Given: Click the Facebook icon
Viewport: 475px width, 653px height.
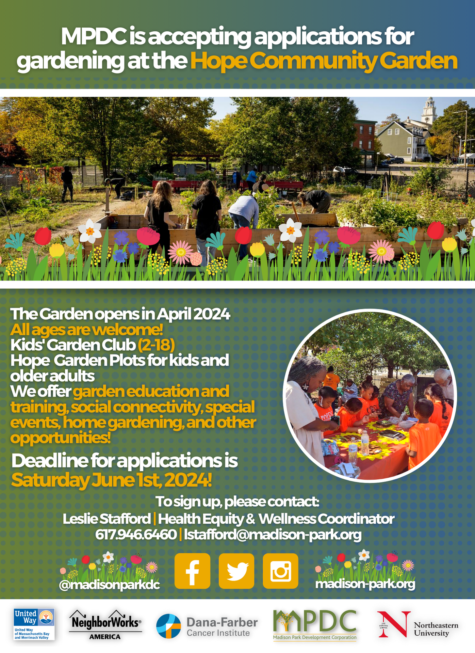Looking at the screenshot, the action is click(192, 571).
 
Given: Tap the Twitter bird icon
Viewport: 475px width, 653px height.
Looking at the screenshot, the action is click(237, 571).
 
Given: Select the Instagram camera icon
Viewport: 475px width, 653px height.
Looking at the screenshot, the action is click(281, 571).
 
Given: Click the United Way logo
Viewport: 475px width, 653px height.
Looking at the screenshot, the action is click(34, 624).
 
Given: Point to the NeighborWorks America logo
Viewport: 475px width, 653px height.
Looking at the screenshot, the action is click(105, 625).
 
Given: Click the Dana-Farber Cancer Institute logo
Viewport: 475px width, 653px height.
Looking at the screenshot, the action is click(207, 626).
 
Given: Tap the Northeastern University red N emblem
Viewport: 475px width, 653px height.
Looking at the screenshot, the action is click(394, 624).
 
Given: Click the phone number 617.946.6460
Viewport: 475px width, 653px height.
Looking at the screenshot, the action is click(136, 534).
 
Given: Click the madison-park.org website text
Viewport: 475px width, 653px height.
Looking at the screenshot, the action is click(365, 584).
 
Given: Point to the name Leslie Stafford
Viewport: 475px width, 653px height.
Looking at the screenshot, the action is click(107, 518).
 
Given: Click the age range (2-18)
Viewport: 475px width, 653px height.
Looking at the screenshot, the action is click(156, 345).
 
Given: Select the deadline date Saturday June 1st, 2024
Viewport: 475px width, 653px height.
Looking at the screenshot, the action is click(111, 480).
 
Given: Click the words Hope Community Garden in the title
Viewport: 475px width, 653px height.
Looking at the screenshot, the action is click(324, 61).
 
